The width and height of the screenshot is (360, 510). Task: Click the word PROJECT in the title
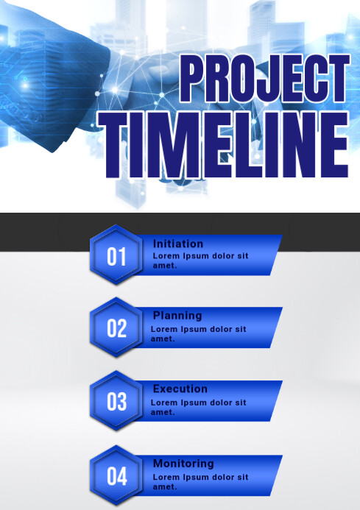click(x=263, y=80)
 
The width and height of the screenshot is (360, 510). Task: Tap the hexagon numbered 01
click(x=117, y=256)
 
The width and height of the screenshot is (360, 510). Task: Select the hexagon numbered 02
click(x=117, y=328)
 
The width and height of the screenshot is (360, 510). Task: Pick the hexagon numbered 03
click(x=117, y=402)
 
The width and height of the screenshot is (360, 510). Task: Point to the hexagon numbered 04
click(x=117, y=476)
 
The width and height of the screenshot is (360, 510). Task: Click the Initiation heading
click(x=178, y=244)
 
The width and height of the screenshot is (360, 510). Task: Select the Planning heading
click(x=177, y=316)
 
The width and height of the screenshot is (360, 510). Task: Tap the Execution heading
click(x=180, y=389)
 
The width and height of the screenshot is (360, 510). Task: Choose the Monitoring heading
click(x=183, y=464)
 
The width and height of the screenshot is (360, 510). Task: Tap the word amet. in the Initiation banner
click(x=165, y=265)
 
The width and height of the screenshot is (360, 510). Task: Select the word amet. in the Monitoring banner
click(x=165, y=486)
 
